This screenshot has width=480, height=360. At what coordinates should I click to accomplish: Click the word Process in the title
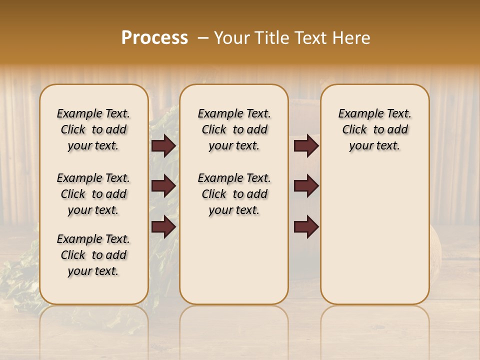pos(154,38)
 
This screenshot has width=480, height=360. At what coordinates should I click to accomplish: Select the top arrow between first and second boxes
pos(163,146)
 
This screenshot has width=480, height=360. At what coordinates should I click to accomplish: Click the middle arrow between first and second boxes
pos(163,186)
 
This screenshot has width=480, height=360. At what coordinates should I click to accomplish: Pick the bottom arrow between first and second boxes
pos(163,226)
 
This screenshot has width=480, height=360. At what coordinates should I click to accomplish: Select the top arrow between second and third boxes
pos(306,146)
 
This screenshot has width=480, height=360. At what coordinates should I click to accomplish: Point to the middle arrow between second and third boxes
pos(306,186)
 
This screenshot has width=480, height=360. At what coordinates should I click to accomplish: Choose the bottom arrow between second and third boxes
pos(306,226)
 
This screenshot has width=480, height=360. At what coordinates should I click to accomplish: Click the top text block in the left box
pos(93,129)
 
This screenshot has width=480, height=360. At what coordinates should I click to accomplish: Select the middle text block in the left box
pos(93,194)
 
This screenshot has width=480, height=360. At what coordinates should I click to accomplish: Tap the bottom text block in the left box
pos(93,255)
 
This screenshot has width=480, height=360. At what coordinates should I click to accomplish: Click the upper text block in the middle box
pos(234,129)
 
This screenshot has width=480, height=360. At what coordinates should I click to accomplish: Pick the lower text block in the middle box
pos(234,194)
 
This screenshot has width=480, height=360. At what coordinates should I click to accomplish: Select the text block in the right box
pos(374,129)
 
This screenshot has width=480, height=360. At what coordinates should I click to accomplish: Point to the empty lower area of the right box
pos(374,235)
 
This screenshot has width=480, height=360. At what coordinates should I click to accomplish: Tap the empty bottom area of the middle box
pos(234,265)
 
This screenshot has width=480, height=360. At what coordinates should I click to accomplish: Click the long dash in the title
pos(202,38)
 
